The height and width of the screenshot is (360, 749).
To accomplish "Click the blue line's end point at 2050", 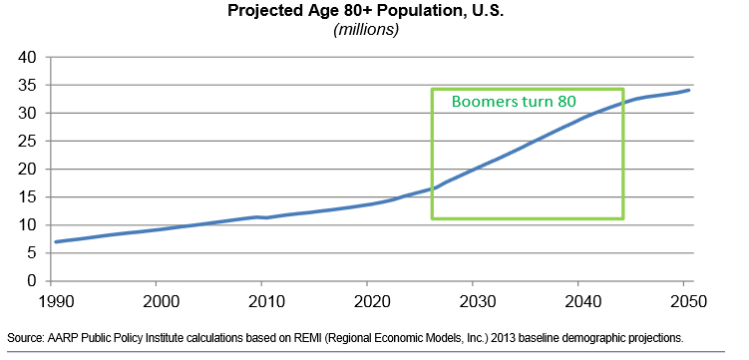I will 689,91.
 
